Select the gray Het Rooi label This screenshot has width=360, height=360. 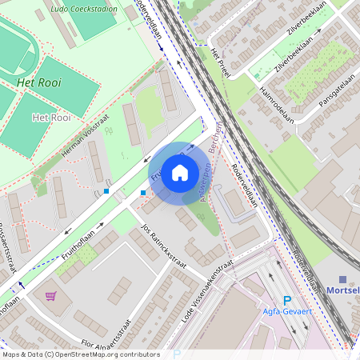(49, 118)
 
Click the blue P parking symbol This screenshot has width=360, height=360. (287, 299)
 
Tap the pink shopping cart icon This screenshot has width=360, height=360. (51, 295)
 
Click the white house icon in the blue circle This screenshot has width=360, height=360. (180, 172)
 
